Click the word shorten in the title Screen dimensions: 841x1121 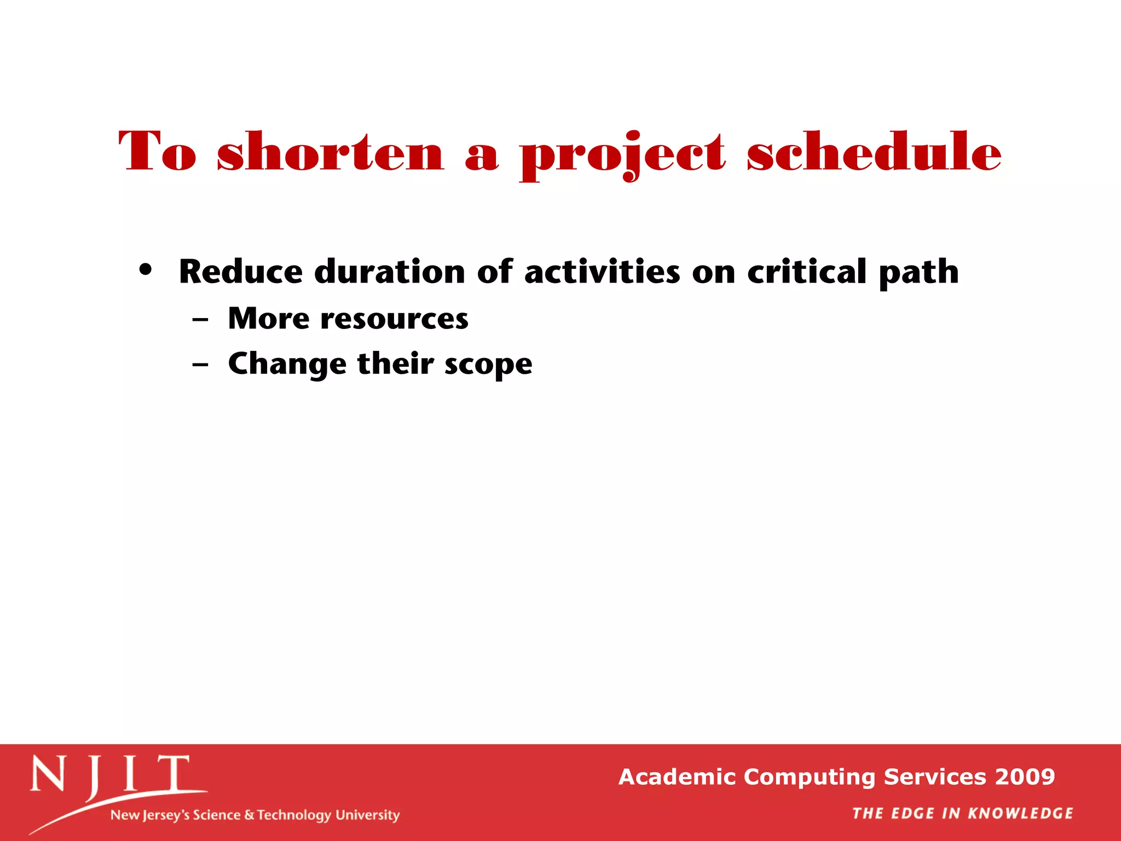pyautogui.click(x=330, y=152)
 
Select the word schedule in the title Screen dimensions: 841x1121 pyautogui.click(x=874, y=152)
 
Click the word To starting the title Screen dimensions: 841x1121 pyautogui.click(x=157, y=152)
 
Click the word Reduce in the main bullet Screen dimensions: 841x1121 pyautogui.click(x=240, y=272)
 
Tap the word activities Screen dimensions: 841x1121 pyautogui.click(x=602, y=272)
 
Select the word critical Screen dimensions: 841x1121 pyautogui.click(x=807, y=272)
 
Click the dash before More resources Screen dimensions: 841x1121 pyautogui.click(x=200, y=319)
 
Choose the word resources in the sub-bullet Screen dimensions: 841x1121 pyautogui.click(x=394, y=319)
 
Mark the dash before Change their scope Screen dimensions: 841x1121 pyautogui.click(x=200, y=364)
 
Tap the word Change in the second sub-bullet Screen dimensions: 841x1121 pyautogui.click(x=287, y=365)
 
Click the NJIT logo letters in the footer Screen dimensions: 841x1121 pyautogui.click(x=110, y=774)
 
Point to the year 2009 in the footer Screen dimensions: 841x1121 pyautogui.click(x=1025, y=777)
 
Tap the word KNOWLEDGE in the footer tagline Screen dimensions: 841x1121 pyautogui.click(x=1021, y=814)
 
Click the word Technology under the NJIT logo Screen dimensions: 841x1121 pyautogui.click(x=294, y=815)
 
